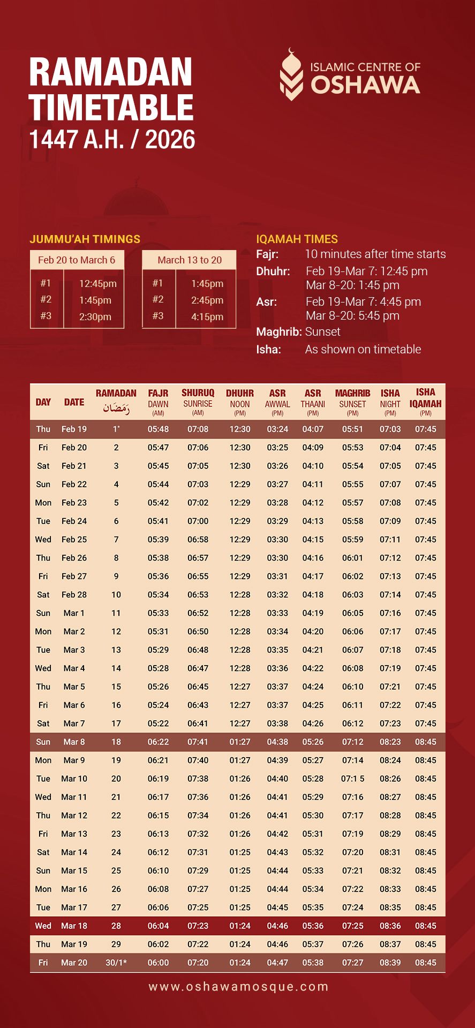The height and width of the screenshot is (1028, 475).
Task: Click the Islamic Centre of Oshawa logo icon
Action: (291, 75)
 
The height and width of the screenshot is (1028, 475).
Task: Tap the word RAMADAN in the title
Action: (111, 72)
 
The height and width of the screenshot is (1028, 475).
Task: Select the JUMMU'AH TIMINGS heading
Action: (85, 239)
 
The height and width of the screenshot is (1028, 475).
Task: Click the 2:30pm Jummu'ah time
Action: (95, 317)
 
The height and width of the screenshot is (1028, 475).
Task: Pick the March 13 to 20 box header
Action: (190, 260)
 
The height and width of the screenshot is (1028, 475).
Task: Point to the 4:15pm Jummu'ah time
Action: (207, 317)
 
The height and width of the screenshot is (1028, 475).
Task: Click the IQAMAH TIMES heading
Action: (297, 239)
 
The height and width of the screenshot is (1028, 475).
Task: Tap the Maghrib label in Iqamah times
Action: (278, 332)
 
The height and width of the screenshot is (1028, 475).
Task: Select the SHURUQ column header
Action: (198, 393)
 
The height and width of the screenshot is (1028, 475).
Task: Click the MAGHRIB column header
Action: (352, 394)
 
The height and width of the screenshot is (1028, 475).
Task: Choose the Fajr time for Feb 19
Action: (158, 429)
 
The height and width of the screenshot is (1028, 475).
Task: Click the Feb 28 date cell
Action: (74, 595)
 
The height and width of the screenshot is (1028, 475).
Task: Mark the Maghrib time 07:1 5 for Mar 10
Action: (352, 779)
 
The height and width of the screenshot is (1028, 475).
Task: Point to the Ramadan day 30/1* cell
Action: (116, 963)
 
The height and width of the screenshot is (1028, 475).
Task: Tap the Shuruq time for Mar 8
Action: (198, 742)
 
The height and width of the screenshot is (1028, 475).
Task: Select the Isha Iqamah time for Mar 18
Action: (425, 926)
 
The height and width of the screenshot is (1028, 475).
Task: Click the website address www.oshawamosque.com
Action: (238, 987)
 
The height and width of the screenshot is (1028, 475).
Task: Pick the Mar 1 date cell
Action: (74, 613)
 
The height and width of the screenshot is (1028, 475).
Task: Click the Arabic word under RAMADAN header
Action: (116, 409)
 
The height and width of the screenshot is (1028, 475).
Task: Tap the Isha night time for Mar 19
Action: (390, 944)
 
